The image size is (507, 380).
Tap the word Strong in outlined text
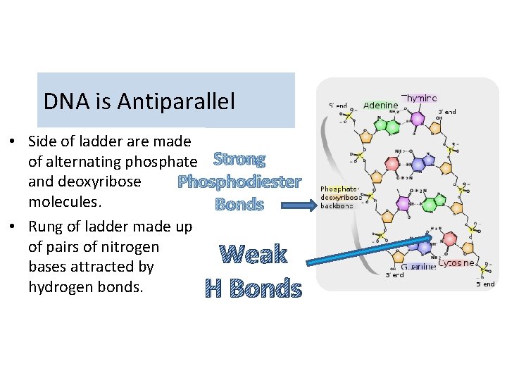(239, 160)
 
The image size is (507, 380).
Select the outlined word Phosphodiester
(239, 182)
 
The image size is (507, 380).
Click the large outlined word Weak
(254, 254)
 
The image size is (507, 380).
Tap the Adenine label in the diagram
(380, 106)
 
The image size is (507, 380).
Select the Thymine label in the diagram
(419, 99)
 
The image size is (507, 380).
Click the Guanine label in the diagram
(418, 267)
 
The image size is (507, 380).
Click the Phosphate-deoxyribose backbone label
(341, 197)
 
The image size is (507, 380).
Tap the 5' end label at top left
(338, 106)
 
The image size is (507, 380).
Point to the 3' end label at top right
(447, 111)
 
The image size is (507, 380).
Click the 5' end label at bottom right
(486, 284)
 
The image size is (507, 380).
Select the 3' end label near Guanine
(394, 275)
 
